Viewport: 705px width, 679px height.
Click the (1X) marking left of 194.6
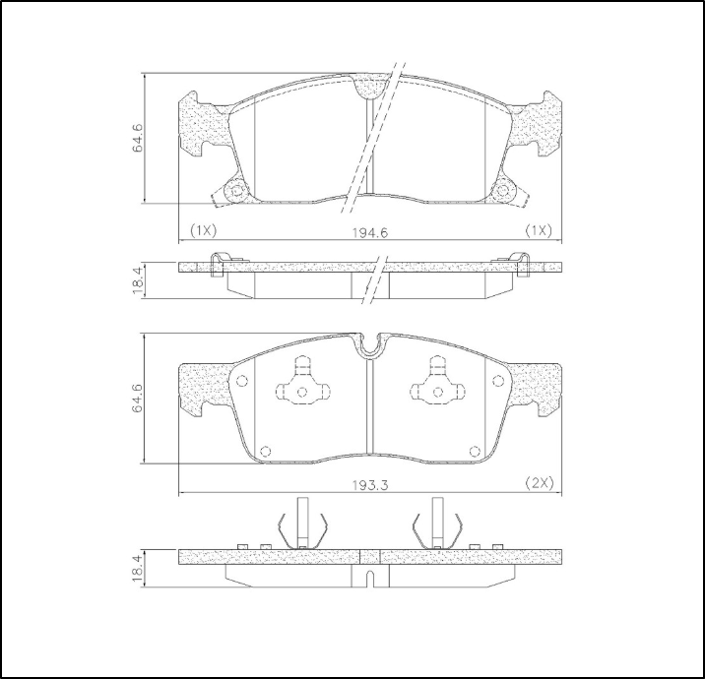point(202,230)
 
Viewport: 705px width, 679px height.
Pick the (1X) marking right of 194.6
point(539,230)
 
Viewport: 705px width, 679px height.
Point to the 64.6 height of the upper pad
point(139,138)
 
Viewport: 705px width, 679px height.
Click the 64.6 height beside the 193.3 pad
point(139,398)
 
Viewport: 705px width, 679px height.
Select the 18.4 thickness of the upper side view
point(139,278)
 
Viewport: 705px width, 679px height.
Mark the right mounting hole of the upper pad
point(503,191)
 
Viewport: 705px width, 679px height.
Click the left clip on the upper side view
point(219,265)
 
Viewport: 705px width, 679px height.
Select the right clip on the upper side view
point(522,265)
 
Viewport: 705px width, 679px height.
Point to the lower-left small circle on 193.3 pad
point(264,451)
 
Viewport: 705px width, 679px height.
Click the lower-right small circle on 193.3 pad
point(475,451)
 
